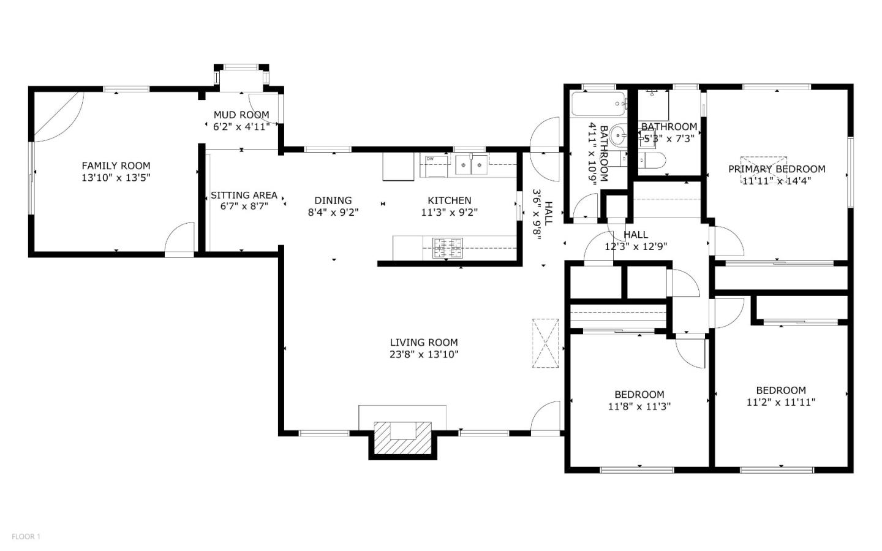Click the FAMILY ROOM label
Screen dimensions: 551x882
[116, 165]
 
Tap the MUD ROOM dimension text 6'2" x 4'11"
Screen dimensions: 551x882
[241, 127]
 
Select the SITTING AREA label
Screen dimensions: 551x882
[244, 195]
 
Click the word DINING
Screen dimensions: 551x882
[333, 200]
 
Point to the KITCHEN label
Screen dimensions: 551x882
[449, 200]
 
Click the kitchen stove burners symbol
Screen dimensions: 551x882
[448, 248]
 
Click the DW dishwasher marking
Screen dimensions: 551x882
[431, 159]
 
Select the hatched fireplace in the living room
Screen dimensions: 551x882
[402, 438]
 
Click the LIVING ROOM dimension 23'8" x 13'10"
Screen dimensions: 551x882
[424, 354]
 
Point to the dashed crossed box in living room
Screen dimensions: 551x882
[545, 343]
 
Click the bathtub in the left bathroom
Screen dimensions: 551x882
[598, 104]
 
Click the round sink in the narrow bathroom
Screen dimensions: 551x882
[617, 135]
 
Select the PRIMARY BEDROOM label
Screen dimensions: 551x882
[776, 169]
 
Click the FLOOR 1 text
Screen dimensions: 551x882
[26, 537]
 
